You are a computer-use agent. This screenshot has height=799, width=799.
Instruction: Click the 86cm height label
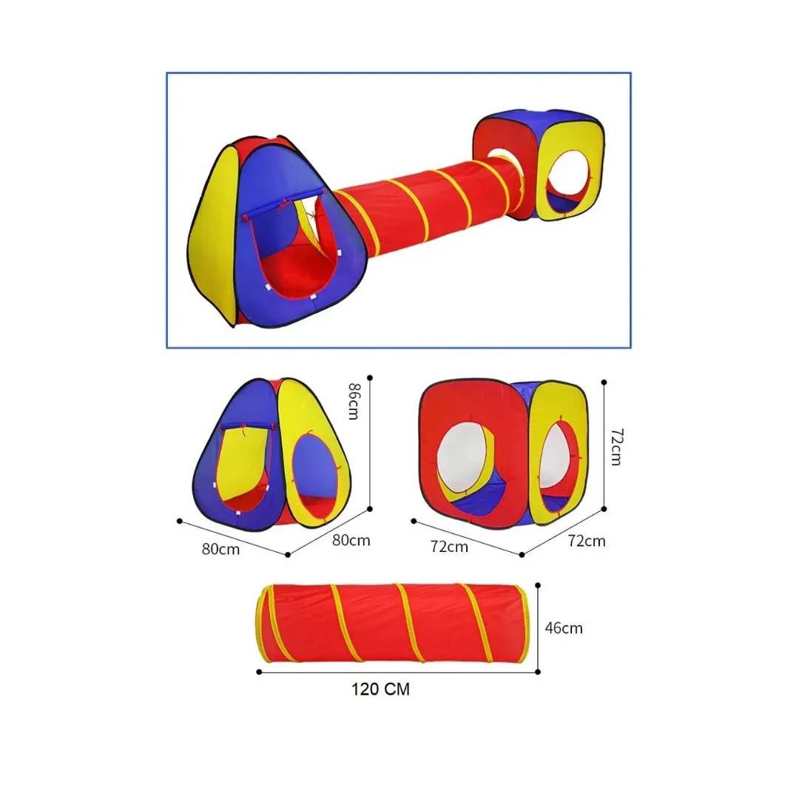point(354,401)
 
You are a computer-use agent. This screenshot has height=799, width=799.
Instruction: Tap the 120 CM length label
point(380,689)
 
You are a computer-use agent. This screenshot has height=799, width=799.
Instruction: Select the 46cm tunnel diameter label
point(564,628)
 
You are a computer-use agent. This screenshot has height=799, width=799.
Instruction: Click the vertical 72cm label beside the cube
point(616,447)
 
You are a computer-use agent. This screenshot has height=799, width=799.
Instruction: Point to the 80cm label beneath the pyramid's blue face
point(220,549)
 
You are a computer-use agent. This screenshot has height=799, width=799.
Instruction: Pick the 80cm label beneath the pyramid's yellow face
point(351,540)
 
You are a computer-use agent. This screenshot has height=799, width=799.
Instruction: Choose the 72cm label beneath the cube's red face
point(449,546)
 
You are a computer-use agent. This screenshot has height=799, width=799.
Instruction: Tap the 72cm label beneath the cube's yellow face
point(587,541)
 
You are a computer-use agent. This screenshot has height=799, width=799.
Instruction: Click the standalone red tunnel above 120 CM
point(392,623)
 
